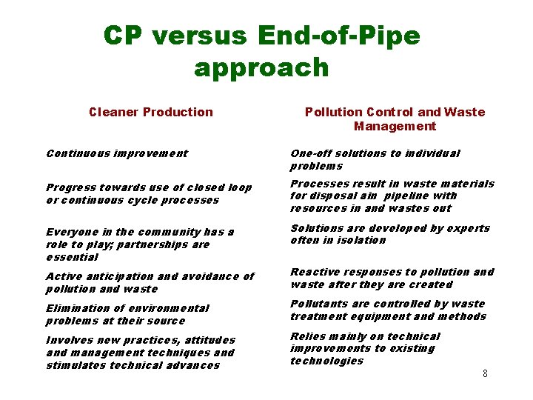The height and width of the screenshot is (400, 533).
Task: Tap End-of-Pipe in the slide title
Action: coord(340,35)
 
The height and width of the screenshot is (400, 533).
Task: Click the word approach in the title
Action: coord(261,67)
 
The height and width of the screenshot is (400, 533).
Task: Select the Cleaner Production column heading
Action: coord(150,112)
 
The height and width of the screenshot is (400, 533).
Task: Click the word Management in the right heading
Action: coord(395,126)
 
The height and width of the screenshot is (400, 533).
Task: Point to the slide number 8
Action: coord(485,373)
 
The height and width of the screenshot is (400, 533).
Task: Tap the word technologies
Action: coord(327,361)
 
